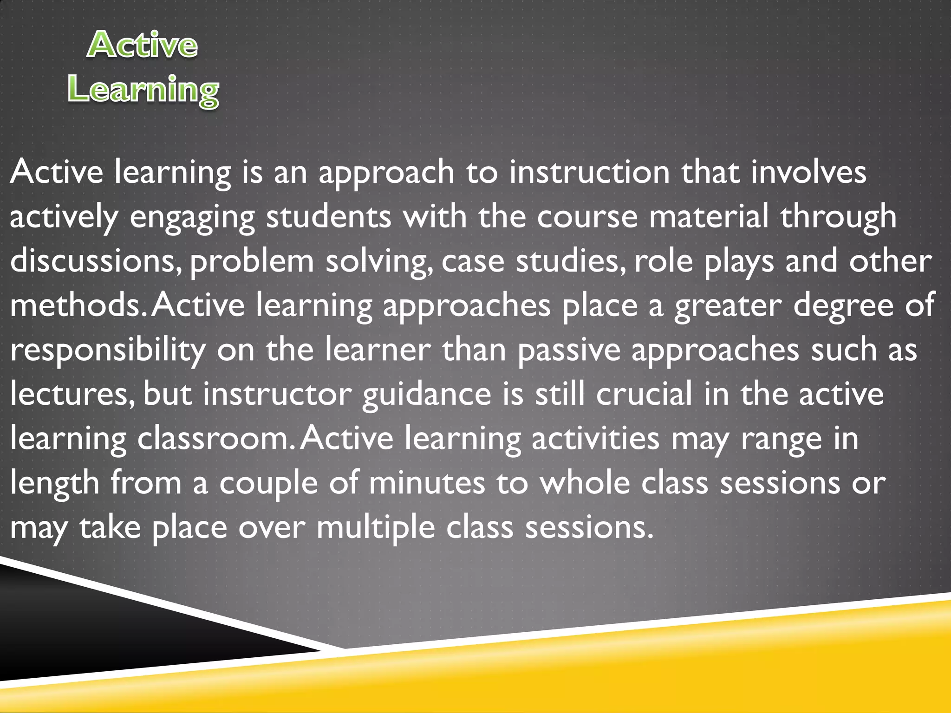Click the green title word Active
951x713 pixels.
click(142, 45)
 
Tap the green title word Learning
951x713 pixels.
click(143, 90)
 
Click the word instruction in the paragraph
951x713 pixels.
click(590, 172)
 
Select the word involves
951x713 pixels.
click(808, 172)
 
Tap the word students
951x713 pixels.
click(329, 217)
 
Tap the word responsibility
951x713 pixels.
click(108, 350)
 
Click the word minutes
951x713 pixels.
click(427, 483)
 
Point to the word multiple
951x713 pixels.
click(376, 528)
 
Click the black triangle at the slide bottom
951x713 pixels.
click(93, 631)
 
